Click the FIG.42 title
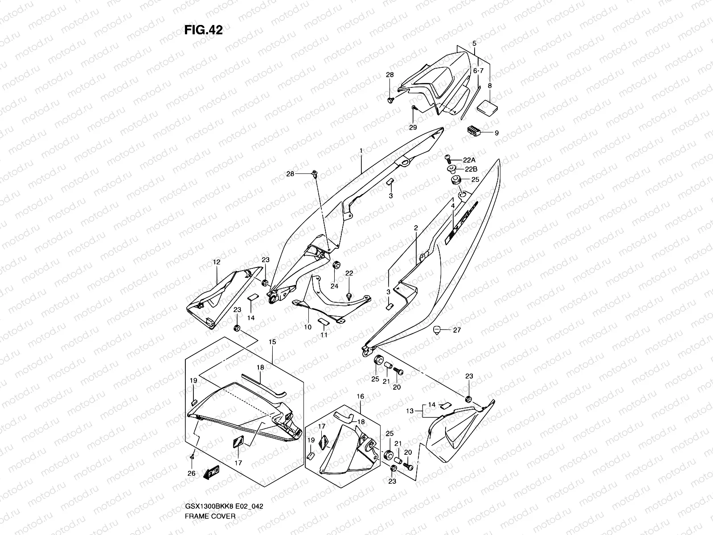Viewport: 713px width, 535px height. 203,30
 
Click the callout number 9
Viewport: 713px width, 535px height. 496,132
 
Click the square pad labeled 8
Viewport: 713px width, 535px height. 487,107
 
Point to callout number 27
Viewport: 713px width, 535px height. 457,330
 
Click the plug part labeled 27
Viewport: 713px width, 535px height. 437,330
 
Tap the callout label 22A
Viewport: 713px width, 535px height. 469,160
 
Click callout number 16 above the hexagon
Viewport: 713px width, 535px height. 361,396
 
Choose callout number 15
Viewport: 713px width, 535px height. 272,342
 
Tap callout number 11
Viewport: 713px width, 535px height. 324,335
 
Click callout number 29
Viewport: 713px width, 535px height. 413,128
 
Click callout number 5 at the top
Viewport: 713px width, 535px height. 475,44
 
